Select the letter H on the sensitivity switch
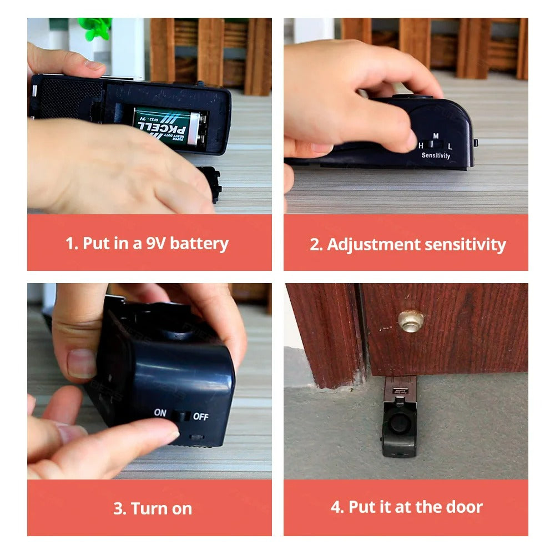coord(421,145)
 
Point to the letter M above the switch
coord(436,136)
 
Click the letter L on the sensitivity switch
coord(450,145)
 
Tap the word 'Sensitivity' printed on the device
coord(436,156)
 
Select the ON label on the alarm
coord(160,412)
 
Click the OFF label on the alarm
coord(200,416)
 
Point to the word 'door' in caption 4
coord(463,507)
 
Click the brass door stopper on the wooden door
coord(411,321)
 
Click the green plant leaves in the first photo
coord(95,28)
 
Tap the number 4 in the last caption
coord(336,507)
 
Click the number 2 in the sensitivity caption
coord(315,244)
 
